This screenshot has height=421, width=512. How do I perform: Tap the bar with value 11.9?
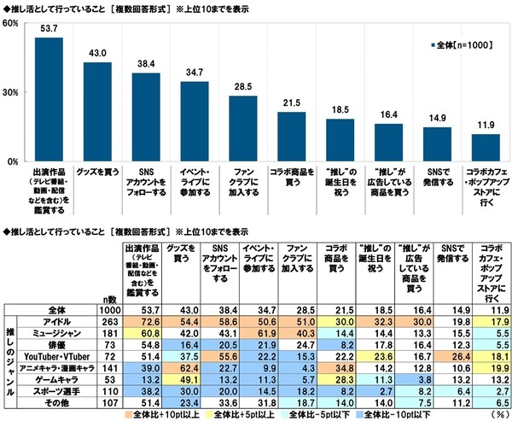pyautogui.click(x=486, y=147)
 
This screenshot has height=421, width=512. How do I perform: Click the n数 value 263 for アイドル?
pyautogui.click(x=108, y=319)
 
